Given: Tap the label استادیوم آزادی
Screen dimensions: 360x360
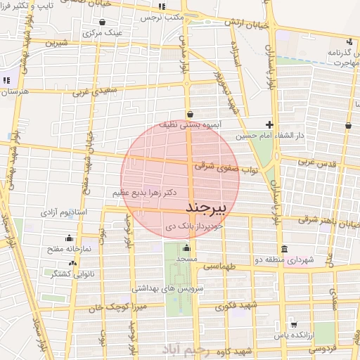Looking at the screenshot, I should coord(67,211).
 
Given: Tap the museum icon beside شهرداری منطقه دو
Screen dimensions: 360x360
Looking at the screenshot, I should coord(283,249).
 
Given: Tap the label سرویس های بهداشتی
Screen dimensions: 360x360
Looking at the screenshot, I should coord(173,288).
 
